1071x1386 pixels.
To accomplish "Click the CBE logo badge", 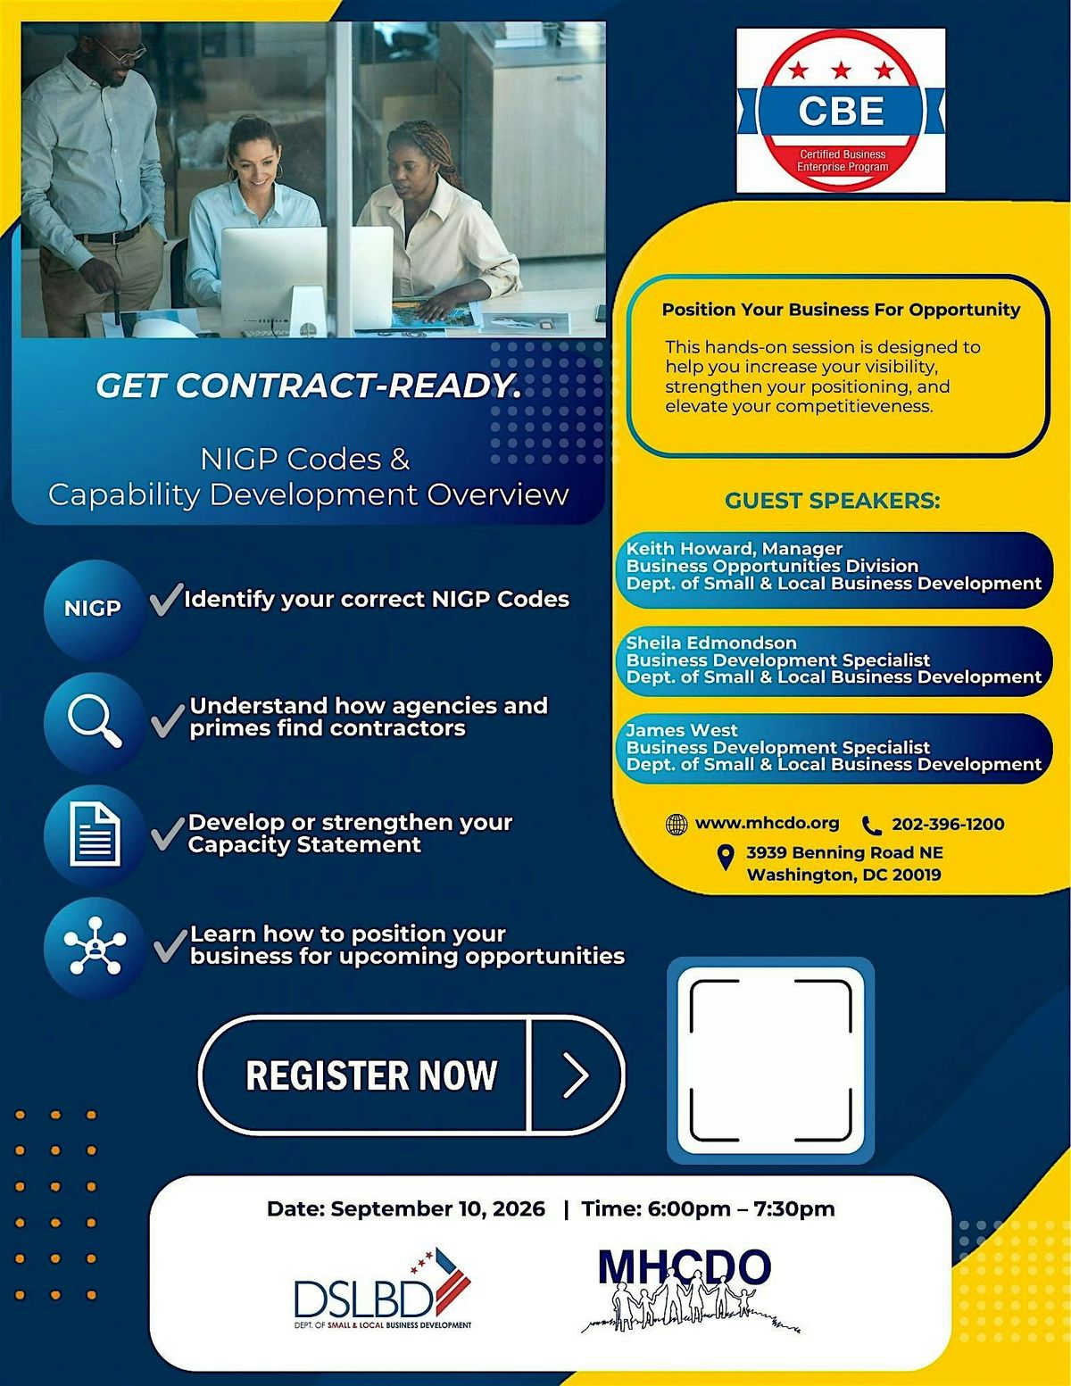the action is (x=841, y=110).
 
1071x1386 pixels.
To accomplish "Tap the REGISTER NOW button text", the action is (x=371, y=1075).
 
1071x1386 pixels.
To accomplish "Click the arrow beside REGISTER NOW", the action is (x=576, y=1075).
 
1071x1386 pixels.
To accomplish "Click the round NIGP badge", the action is (x=94, y=609).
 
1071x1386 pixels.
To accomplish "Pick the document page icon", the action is (x=95, y=835).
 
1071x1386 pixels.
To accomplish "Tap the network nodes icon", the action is (x=95, y=945).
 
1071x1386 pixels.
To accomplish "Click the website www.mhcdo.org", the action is (x=767, y=824).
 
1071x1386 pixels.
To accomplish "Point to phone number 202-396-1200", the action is (x=948, y=824).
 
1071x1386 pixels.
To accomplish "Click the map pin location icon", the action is (x=726, y=858).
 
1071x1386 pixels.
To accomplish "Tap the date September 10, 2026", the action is (x=437, y=1209).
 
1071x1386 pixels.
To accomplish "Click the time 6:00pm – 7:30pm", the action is (x=741, y=1209).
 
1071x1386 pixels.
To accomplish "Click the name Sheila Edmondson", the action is (x=711, y=643).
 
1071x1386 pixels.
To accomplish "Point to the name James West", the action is (x=681, y=730).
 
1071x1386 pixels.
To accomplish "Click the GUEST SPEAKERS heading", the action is (x=833, y=501).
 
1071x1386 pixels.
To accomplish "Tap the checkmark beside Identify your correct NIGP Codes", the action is (x=166, y=599).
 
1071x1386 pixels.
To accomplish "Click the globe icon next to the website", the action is (x=677, y=825).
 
